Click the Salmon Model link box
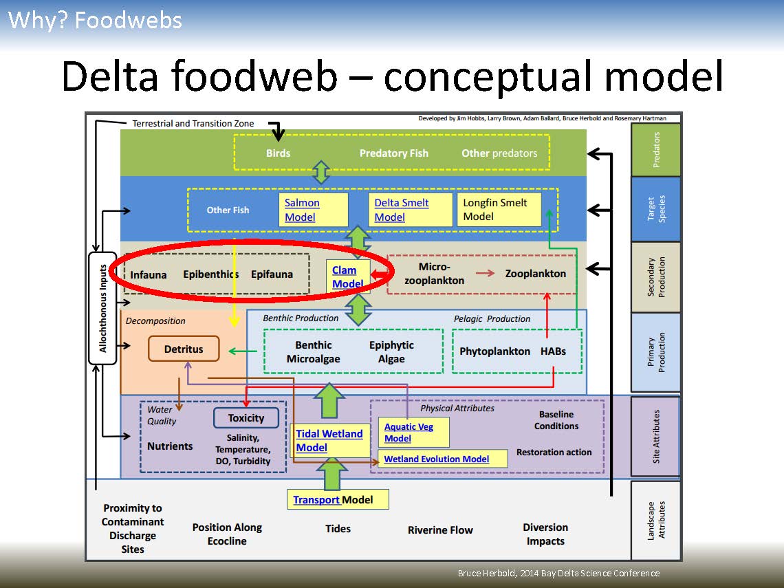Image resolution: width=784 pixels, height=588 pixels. [314, 210]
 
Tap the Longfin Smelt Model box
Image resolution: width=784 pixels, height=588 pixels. [499, 210]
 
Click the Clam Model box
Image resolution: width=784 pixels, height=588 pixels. [349, 276]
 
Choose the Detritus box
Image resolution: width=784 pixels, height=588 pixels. [184, 349]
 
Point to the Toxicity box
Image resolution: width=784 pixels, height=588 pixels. [246, 417]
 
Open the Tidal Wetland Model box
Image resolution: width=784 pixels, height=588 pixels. [329, 440]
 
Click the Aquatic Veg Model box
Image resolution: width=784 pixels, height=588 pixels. [413, 432]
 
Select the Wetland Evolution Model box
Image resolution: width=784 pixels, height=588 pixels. [443, 459]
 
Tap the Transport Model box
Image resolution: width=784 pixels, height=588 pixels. [338, 499]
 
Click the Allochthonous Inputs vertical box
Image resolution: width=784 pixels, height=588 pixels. [102, 309]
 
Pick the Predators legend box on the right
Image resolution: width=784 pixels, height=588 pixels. [655, 150]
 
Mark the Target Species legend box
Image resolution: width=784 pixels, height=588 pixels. [655, 208]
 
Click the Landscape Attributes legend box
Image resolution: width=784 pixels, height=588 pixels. [655, 520]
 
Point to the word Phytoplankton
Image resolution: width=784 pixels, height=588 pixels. [494, 351]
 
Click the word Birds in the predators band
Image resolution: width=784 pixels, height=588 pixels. [278, 153]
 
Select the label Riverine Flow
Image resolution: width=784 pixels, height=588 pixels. [440, 530]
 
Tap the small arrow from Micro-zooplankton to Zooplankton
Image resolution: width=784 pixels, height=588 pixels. [485, 273]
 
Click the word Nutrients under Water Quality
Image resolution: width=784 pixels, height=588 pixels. [170, 446]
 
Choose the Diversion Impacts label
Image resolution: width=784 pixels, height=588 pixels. [545, 534]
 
